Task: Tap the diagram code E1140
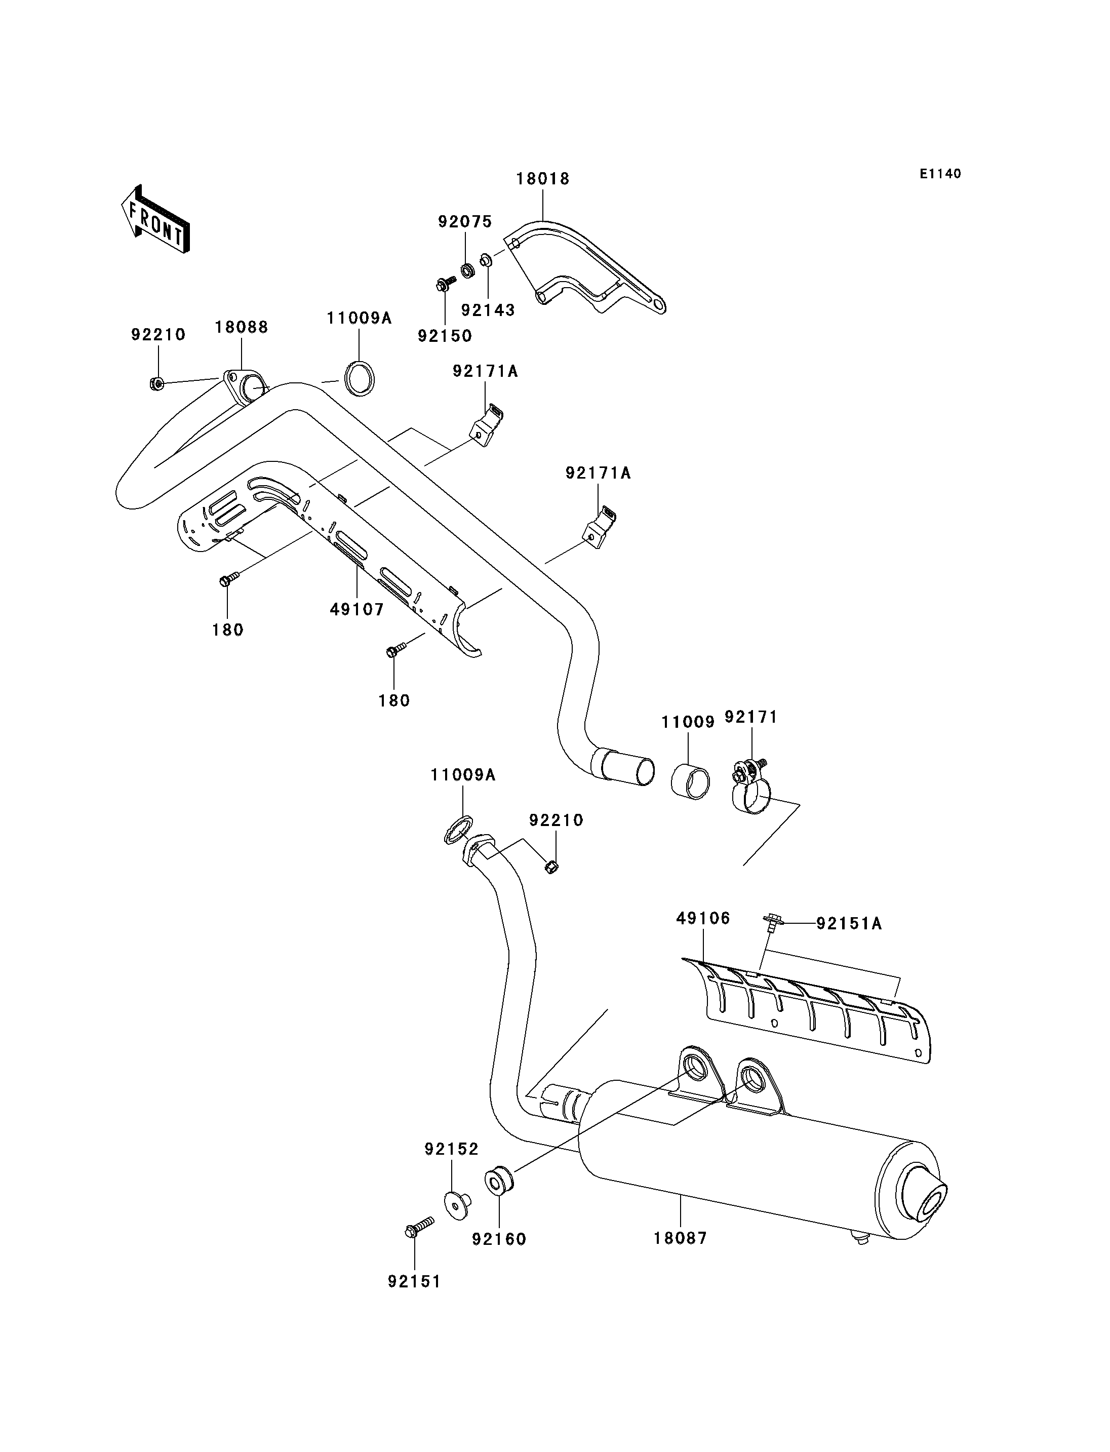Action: (940, 174)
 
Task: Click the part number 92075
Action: (465, 222)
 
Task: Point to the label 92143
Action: (488, 310)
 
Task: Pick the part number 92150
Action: (445, 336)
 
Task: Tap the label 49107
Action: (357, 609)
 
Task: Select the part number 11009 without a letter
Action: (688, 722)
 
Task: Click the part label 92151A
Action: (849, 923)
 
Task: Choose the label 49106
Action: (703, 918)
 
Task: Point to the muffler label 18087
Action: (681, 1238)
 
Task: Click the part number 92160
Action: (499, 1239)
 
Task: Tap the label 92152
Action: (451, 1149)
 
